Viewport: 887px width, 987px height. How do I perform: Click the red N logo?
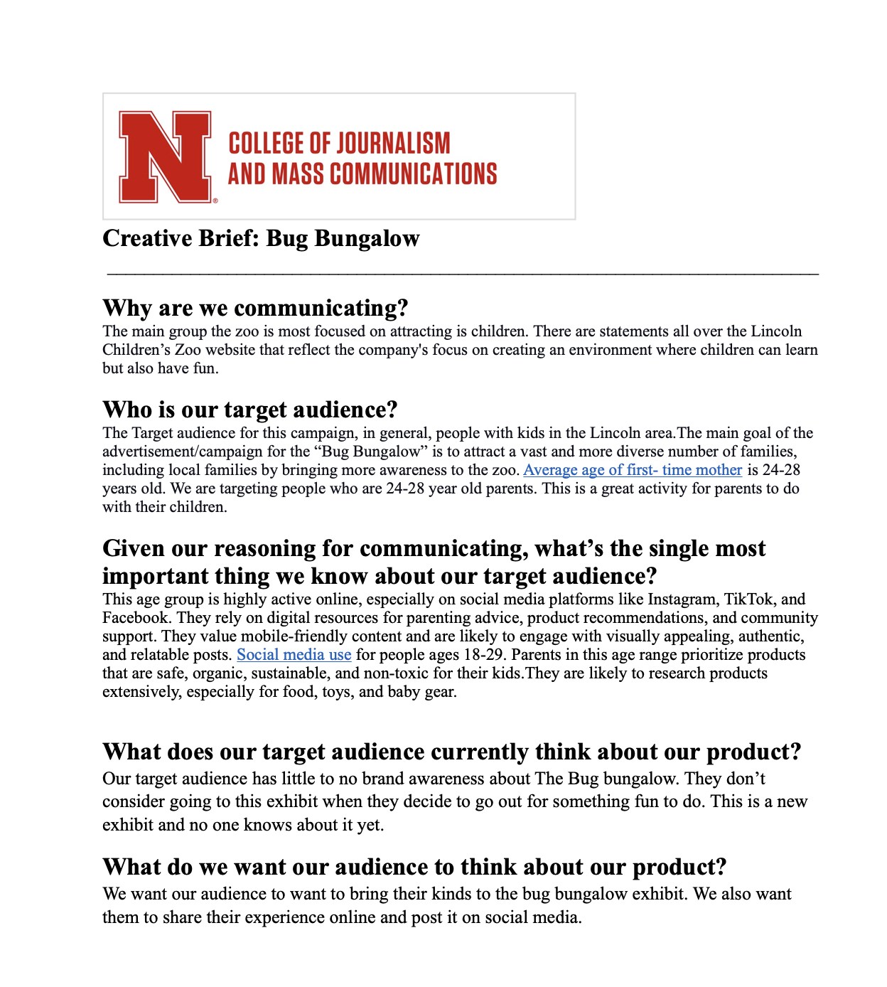click(166, 156)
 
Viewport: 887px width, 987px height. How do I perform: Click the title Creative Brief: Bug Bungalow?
click(261, 238)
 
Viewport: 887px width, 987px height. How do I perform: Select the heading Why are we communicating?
click(255, 308)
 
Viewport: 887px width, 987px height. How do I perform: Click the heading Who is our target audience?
click(249, 410)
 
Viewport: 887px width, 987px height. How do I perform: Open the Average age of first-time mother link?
click(633, 470)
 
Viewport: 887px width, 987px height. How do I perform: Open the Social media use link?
click(294, 655)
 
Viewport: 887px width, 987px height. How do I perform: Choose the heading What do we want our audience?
click(414, 867)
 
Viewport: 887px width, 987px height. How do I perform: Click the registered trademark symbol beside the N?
click(215, 201)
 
